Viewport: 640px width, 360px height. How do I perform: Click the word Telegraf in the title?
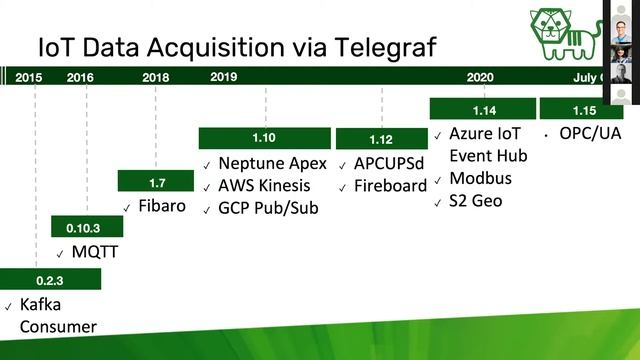pos(371,47)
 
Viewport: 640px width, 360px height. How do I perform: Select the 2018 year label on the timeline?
pos(156,77)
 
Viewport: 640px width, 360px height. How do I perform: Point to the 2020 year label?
pos(480,77)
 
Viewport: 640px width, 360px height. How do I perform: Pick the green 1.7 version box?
pos(157,181)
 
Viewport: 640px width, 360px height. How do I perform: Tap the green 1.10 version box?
pos(265,138)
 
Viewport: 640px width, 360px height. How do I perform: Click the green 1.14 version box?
pos(483,108)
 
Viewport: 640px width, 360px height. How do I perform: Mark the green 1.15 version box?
pos(581,108)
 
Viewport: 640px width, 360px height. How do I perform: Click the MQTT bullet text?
pos(95,252)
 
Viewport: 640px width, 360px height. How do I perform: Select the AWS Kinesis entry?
pos(264,186)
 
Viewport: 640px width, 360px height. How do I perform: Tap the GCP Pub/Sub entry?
pos(267,209)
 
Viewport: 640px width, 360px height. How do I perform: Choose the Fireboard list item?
pos(390,186)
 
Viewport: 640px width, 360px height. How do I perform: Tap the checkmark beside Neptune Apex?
pos(207,165)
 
